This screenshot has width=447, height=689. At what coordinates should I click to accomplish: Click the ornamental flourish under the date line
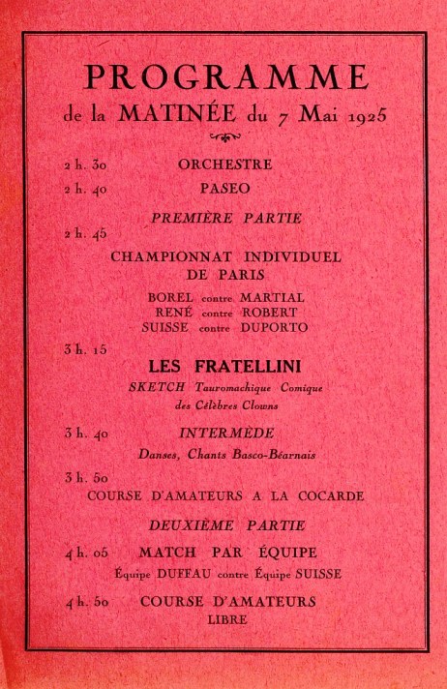(224, 136)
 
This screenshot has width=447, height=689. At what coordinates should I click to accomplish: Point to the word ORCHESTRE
(224, 164)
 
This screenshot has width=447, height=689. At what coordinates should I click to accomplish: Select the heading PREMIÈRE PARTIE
(226, 219)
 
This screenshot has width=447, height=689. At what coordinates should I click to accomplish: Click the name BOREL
(168, 297)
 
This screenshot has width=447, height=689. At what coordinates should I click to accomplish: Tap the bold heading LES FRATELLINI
(224, 368)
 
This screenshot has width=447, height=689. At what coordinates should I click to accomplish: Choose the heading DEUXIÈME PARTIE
(226, 525)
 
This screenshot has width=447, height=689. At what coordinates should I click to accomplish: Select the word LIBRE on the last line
(226, 618)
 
